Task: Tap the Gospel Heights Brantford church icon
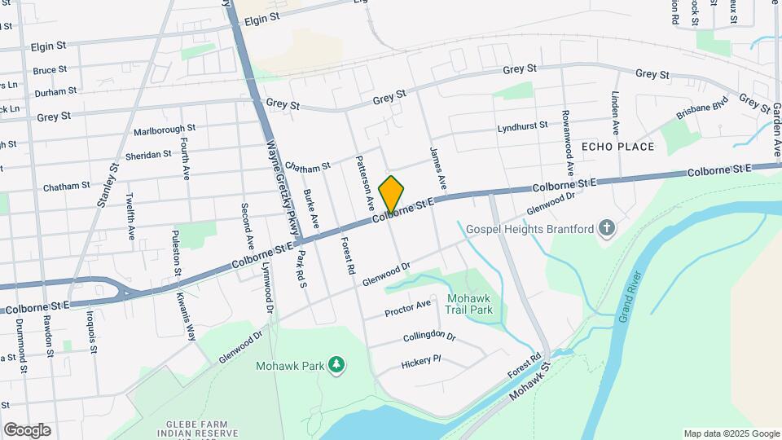coord(607,229)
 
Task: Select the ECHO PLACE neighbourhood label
coord(618,147)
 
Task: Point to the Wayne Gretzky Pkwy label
coord(278,185)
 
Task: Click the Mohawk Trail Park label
coord(470,304)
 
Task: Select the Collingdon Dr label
coord(428,336)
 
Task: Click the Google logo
coord(27,430)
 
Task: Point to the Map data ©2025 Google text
coord(731,433)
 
